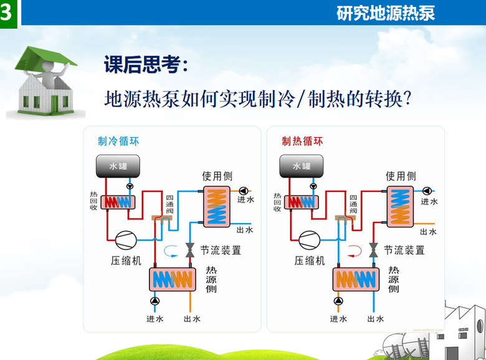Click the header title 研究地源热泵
point(386,13)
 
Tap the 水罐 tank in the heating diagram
point(302,166)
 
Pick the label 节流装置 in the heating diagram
point(404,250)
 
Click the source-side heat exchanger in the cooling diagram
point(173,278)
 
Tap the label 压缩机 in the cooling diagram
point(126,261)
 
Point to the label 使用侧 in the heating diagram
point(400,176)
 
